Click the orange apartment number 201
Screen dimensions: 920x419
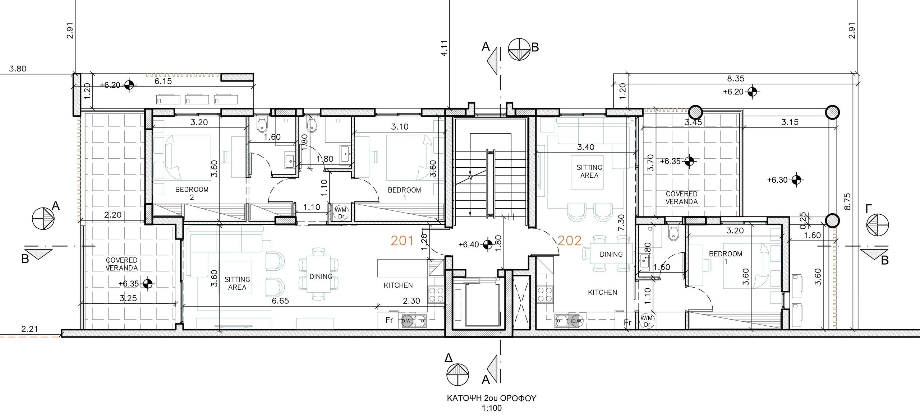402,241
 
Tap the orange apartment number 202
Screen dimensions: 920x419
569,241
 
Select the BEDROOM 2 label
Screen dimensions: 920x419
192,193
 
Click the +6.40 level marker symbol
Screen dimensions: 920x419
488,245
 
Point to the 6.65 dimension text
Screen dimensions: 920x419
280,301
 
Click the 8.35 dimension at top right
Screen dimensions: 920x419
736,78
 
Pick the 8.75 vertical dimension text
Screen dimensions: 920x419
847,202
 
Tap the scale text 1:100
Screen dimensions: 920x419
492,408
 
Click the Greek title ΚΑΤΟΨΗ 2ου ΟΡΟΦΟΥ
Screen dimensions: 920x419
491,398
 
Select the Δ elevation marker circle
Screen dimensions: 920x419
457,375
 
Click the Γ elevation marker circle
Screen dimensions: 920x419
877,225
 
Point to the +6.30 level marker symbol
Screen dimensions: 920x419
796,180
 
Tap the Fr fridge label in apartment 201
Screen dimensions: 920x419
389,320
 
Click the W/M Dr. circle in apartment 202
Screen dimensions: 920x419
647,321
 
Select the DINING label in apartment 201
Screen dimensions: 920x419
321,276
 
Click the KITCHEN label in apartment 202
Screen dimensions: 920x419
602,293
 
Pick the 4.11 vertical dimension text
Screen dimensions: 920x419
444,48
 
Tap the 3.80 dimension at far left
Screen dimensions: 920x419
18,69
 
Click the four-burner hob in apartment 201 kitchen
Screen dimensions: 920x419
436,295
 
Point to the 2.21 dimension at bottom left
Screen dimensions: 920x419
29,329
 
